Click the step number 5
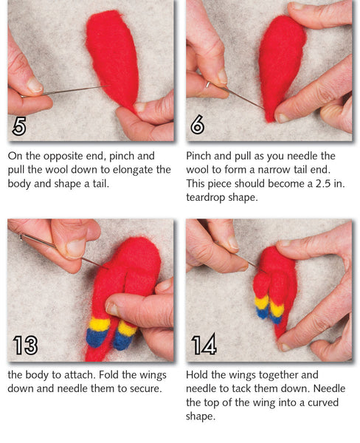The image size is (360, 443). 20,126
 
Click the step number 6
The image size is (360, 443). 198,125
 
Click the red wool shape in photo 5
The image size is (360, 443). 114,55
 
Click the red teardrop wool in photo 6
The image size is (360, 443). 282,63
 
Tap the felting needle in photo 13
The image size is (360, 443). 59,249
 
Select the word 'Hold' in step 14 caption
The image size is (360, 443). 200,374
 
